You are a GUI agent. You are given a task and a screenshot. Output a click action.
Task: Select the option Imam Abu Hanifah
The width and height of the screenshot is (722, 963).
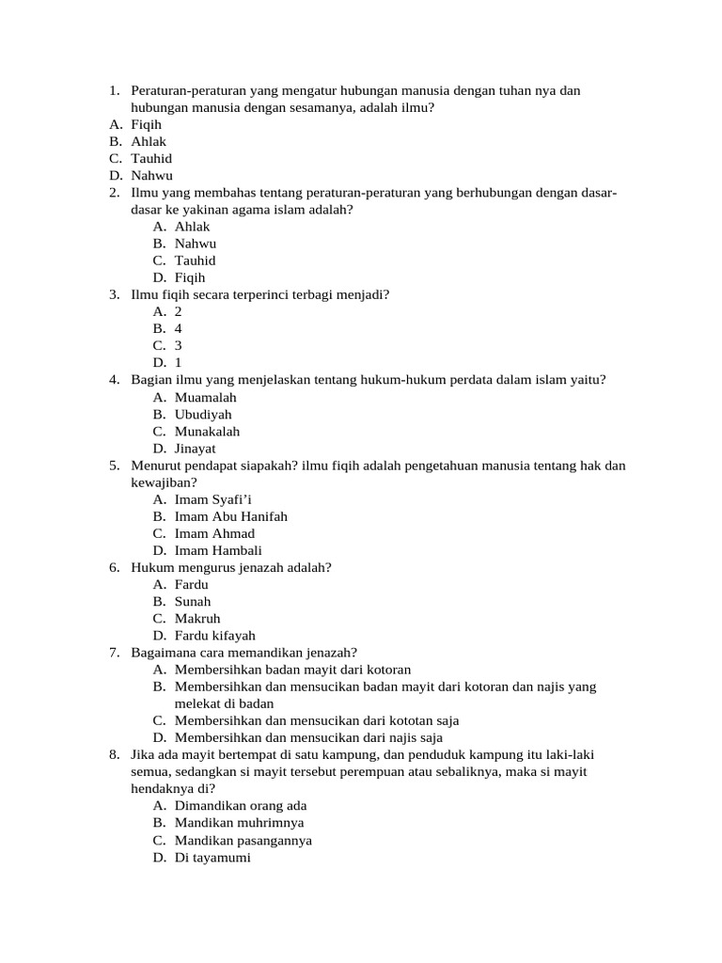(230, 516)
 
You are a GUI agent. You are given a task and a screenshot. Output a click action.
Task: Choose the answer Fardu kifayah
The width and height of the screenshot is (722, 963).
(214, 636)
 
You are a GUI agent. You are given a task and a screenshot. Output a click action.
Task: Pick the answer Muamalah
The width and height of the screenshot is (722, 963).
(205, 398)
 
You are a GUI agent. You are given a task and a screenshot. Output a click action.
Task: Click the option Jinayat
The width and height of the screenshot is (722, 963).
(195, 449)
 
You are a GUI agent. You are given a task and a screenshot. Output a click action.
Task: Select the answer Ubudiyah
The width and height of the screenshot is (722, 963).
(203, 415)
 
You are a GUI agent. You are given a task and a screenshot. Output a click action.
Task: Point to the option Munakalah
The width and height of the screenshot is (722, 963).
(207, 432)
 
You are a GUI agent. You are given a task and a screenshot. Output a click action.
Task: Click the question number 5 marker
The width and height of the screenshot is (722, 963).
(114, 466)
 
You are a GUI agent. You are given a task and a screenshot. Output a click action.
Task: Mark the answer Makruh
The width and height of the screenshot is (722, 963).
(197, 619)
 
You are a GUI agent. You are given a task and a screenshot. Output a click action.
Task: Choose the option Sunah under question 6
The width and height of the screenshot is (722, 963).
(193, 602)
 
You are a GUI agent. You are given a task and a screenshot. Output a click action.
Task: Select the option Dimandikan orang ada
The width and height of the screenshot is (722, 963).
(241, 806)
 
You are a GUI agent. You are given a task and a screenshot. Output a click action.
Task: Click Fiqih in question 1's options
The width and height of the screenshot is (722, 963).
(147, 124)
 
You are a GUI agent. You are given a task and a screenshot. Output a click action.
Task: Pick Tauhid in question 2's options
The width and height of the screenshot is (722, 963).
(195, 260)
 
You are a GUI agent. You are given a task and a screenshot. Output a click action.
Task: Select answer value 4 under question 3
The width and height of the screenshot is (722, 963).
(179, 329)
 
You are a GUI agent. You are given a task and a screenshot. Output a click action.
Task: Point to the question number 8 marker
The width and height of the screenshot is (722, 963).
(114, 755)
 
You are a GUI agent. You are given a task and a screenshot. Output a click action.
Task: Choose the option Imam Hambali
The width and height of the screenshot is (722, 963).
(218, 551)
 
